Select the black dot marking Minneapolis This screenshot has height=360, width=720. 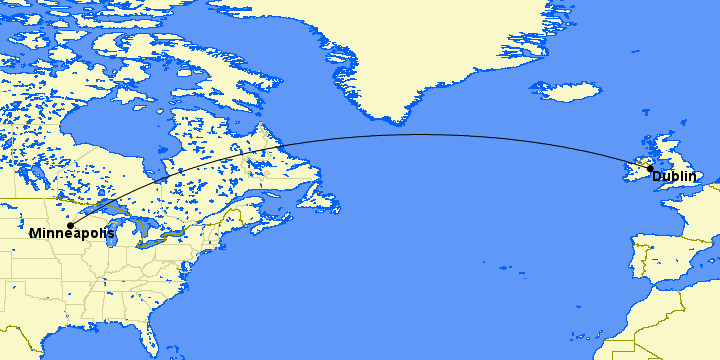(x=71, y=224)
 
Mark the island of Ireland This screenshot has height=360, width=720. (x=637, y=170)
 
